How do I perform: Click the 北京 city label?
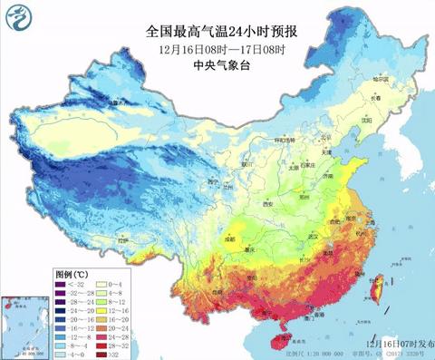point(306,142)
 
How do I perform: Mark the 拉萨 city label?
point(124,241)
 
